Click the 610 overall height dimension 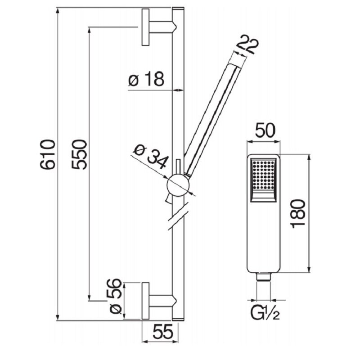(48, 154)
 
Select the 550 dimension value (80, 154)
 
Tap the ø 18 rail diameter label (146, 79)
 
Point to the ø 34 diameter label (151, 156)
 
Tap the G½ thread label (265, 313)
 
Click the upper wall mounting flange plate (145, 27)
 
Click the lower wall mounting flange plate (145, 301)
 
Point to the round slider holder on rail (178, 185)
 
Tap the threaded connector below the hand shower (264, 277)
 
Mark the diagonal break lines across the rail (178, 216)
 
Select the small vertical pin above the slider (178, 166)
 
